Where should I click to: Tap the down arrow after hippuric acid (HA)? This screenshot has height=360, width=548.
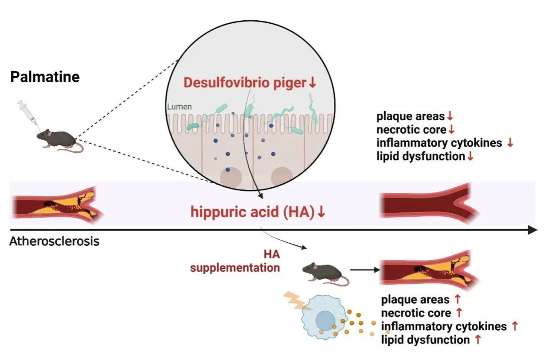(x=321, y=212)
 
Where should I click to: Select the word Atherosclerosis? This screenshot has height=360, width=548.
(x=54, y=241)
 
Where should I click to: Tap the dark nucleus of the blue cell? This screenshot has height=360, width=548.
(x=325, y=321)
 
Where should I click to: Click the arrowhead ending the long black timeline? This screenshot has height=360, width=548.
(x=532, y=230)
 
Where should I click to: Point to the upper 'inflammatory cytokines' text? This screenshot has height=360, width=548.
(x=438, y=143)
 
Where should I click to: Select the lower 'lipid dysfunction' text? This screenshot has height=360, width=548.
(x=425, y=339)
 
